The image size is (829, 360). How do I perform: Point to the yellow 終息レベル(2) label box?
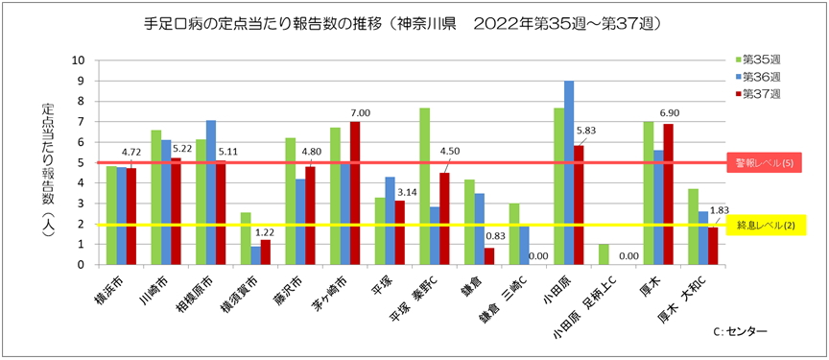click(x=763, y=225)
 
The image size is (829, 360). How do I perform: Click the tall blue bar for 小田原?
click(x=569, y=173)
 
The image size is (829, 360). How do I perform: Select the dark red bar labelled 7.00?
click(x=355, y=193)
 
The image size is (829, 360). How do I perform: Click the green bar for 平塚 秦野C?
click(x=425, y=186)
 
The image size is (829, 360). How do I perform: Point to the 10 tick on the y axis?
click(x=80, y=60)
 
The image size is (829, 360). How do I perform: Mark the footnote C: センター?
click(x=740, y=331)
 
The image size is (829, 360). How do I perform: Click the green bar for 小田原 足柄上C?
click(x=603, y=254)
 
